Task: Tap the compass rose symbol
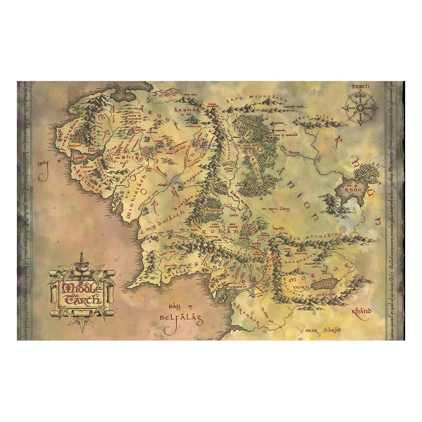(360, 108)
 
